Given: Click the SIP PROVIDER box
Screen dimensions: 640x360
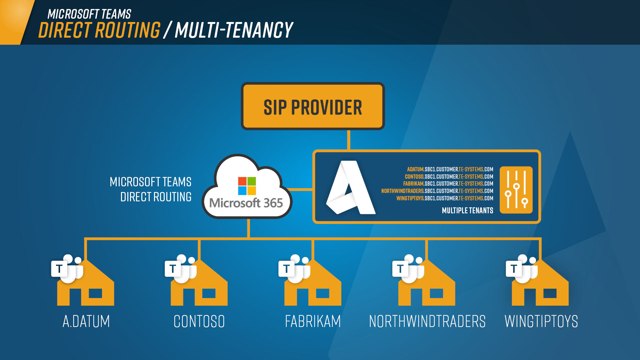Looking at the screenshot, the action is click(x=313, y=106).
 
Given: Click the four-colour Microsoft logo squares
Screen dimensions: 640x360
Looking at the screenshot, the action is click(x=247, y=186).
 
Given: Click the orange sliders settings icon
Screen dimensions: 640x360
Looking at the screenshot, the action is click(x=516, y=190).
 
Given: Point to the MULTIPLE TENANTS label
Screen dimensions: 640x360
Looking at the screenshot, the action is click(x=467, y=211).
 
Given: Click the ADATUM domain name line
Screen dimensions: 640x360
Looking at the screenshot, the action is click(x=450, y=169).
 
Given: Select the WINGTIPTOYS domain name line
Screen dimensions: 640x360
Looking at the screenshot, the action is click(x=445, y=198).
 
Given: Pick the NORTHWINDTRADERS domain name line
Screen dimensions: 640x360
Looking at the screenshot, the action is click(x=437, y=191).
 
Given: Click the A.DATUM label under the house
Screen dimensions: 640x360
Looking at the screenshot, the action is click(x=86, y=321).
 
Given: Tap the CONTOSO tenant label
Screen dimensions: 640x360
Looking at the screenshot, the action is click(x=199, y=321).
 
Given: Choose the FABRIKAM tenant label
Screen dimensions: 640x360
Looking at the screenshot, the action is click(x=313, y=321).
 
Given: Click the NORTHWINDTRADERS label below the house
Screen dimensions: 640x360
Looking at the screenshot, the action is click(x=427, y=321).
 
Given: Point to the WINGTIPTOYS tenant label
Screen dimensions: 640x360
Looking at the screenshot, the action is click(x=541, y=321).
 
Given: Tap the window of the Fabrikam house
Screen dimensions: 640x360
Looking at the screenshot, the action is click(x=322, y=293).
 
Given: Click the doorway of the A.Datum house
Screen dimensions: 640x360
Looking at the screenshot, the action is click(x=75, y=297).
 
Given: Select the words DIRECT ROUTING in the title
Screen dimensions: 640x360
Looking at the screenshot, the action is click(x=99, y=30).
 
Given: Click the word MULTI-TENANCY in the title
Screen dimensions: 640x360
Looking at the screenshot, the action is click(x=234, y=30).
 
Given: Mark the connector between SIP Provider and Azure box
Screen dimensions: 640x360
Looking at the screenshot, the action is click(x=349, y=140).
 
